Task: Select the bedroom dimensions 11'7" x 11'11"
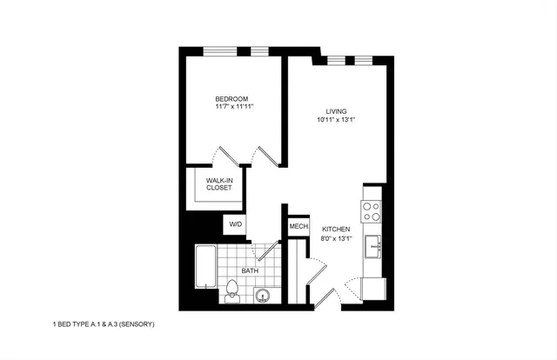(x=234, y=108)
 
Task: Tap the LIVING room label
(x=336, y=111)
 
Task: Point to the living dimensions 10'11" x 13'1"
(x=336, y=120)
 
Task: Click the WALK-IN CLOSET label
(x=218, y=183)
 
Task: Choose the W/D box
(x=235, y=224)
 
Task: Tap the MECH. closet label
(x=299, y=226)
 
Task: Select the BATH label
(x=250, y=270)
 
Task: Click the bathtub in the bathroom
(x=206, y=269)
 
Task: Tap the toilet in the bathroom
(x=232, y=291)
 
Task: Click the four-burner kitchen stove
(x=372, y=212)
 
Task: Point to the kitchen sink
(x=373, y=244)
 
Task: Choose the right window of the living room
(x=362, y=60)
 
